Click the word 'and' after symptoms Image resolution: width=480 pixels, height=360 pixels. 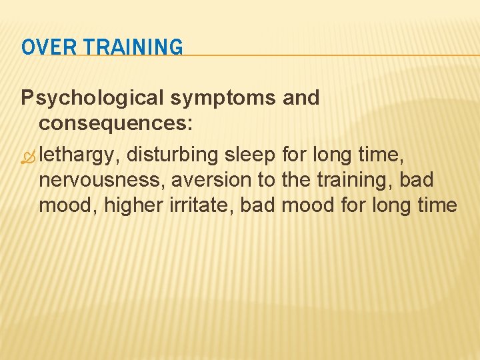click(301, 98)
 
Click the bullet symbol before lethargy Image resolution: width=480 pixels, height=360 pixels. click(27, 155)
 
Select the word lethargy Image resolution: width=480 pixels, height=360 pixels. click(77, 155)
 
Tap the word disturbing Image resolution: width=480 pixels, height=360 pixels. click(173, 155)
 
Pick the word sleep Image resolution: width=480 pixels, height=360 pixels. click(251, 155)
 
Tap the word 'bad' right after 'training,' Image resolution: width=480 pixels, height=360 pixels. click(419, 180)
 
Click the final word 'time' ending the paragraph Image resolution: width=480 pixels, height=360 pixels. click(435, 205)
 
